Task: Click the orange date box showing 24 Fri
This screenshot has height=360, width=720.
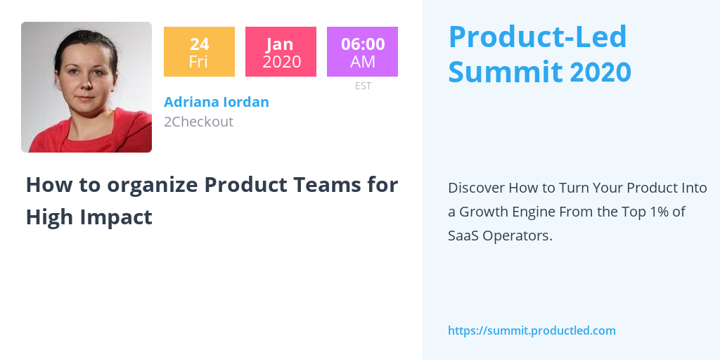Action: (199, 51)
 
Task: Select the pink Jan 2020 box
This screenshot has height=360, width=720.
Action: (281, 51)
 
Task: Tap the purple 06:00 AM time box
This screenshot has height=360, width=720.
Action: (362, 51)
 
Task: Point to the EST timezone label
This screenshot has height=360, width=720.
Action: (363, 86)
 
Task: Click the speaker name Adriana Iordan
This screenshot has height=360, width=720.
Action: (217, 102)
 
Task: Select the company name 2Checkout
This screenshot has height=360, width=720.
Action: (198, 122)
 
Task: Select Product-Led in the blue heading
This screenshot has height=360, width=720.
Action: (537, 37)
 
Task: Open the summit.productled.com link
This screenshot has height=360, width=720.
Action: (532, 330)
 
